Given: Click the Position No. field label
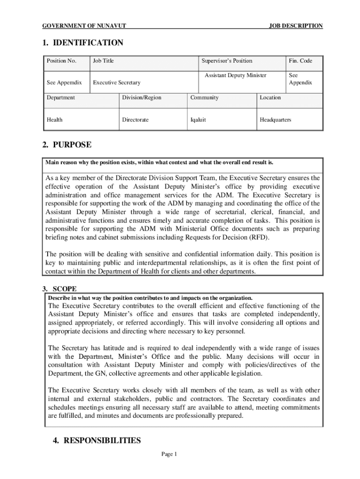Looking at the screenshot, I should [x=61, y=61].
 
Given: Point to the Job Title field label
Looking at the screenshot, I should [x=103, y=61].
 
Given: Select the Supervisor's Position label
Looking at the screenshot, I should [x=227, y=61].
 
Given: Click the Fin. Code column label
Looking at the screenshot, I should [x=300, y=61].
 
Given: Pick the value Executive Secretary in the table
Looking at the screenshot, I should [x=117, y=83].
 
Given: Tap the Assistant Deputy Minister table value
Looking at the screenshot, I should [x=236, y=75].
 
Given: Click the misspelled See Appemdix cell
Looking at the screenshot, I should [x=64, y=83].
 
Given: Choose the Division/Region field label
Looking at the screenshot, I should [x=142, y=98].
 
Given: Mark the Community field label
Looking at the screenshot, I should [x=204, y=98].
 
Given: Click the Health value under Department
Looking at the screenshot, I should [x=55, y=120].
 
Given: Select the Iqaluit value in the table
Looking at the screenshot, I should [x=198, y=120].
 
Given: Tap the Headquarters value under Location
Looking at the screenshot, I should [x=275, y=120].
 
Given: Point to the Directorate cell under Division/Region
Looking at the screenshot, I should [x=135, y=120].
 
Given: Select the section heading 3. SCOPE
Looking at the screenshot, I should [x=59, y=289].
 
